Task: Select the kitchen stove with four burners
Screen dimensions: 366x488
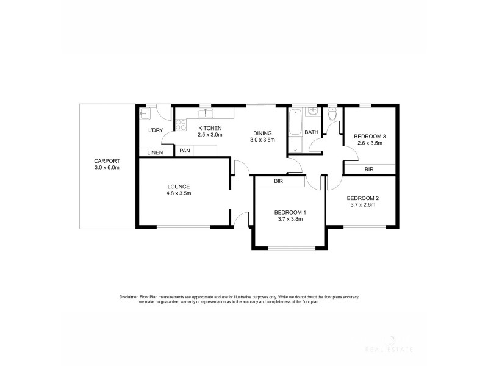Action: pos(181,124)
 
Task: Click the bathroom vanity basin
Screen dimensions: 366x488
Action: pos(312,112)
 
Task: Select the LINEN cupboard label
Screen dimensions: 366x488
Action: pos(155,152)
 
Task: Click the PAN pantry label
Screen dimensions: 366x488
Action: pos(184,151)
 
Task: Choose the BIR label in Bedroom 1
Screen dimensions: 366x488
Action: pos(278,181)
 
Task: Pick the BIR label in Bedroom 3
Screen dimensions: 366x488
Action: pos(369,169)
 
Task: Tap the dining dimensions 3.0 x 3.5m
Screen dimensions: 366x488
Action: pos(262,140)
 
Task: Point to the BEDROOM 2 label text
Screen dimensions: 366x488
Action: pos(363,198)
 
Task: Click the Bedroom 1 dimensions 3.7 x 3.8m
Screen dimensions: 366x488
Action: pos(290,219)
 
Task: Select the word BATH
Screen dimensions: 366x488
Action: pos(312,132)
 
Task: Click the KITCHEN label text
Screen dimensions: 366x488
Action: pos(209,127)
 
